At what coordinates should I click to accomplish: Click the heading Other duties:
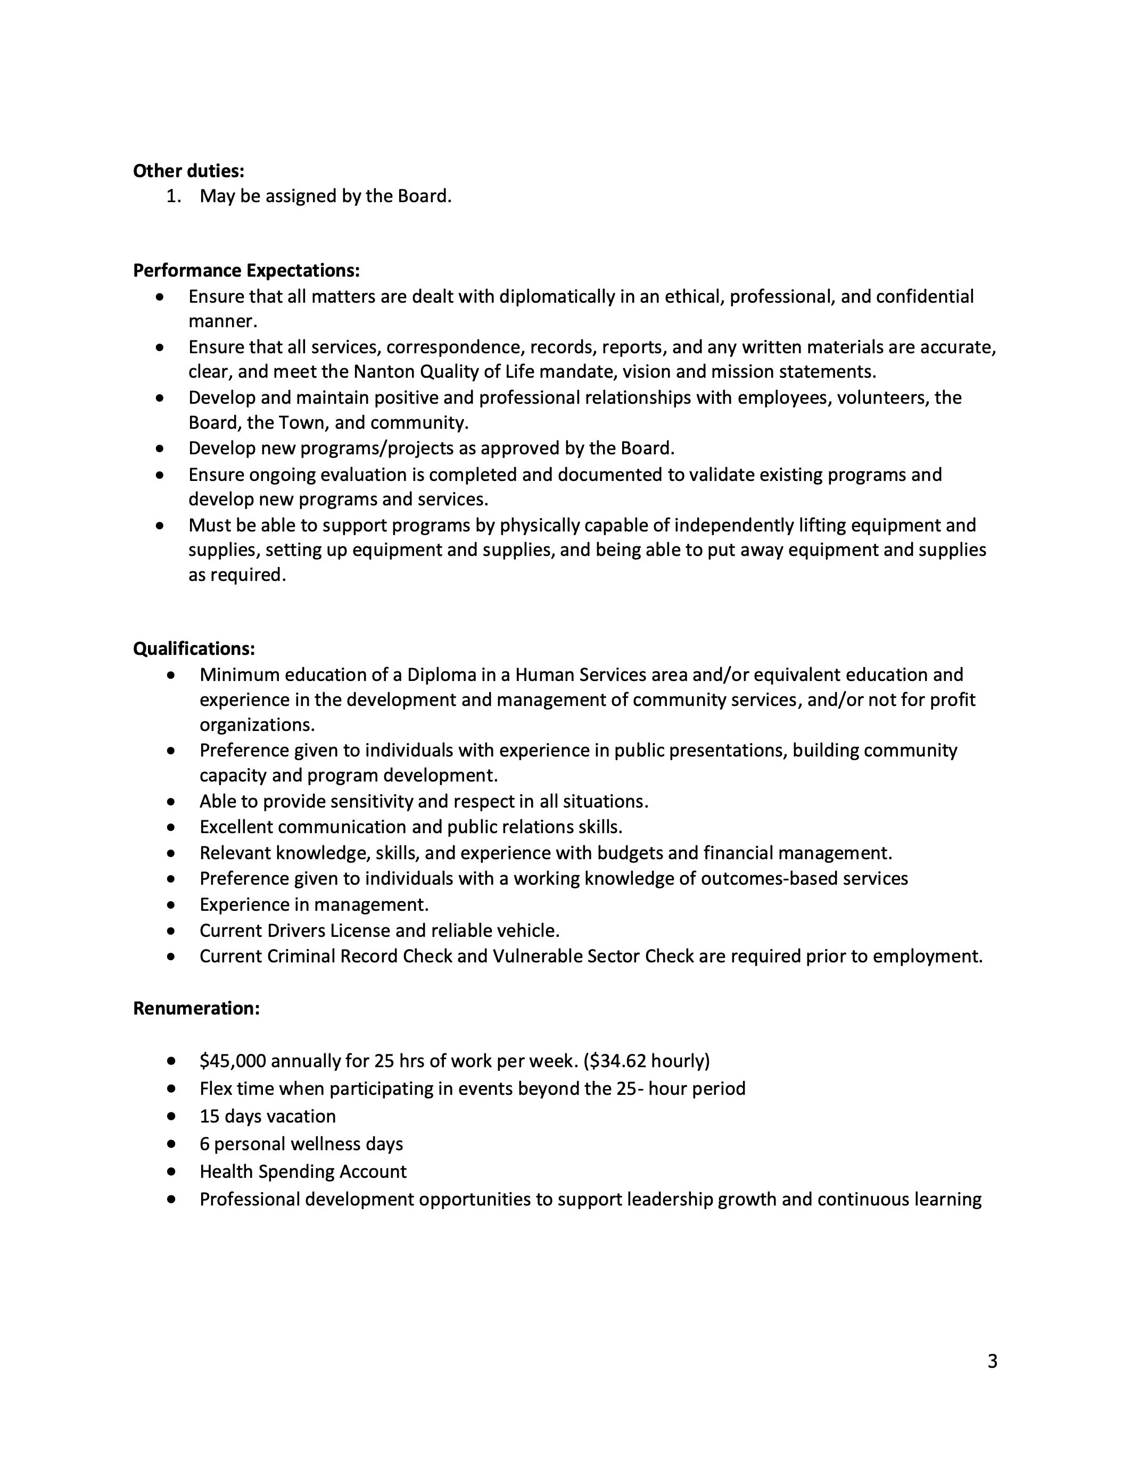tap(188, 171)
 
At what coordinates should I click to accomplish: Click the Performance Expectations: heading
tap(246, 271)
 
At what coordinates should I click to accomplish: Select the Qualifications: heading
tap(194, 649)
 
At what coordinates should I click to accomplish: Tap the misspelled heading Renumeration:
tap(196, 1008)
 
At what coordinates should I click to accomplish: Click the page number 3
tap(992, 1361)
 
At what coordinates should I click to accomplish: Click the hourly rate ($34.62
tap(614, 1061)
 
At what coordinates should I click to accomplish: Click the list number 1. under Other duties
tap(174, 196)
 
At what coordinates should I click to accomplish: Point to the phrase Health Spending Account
tap(303, 1171)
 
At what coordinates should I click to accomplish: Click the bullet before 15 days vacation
tap(172, 1117)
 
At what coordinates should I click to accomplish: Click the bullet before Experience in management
tap(172, 905)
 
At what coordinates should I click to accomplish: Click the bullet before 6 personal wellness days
tap(172, 1144)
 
